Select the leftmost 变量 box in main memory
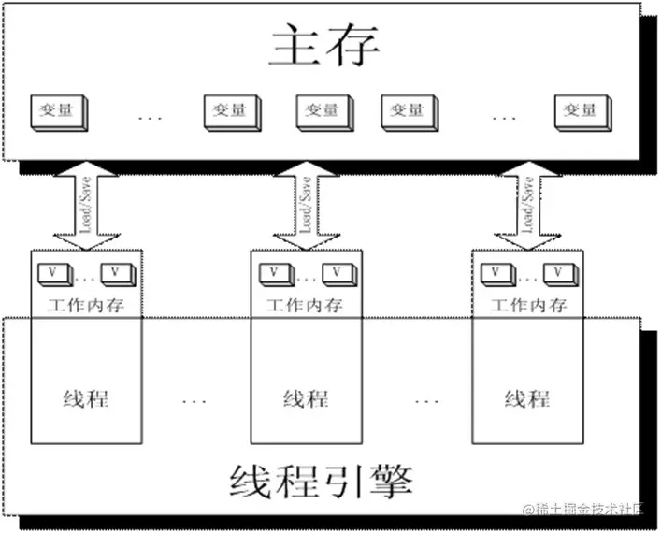(58, 111)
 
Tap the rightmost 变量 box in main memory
(582, 111)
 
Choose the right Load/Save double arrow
(527, 207)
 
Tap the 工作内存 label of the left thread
(85, 305)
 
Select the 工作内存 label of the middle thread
(305, 305)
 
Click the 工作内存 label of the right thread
(528, 305)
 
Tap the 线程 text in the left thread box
(86, 398)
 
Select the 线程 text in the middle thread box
(306, 398)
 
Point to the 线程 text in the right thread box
(527, 398)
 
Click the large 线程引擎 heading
(323, 480)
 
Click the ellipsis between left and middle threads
(195, 400)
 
